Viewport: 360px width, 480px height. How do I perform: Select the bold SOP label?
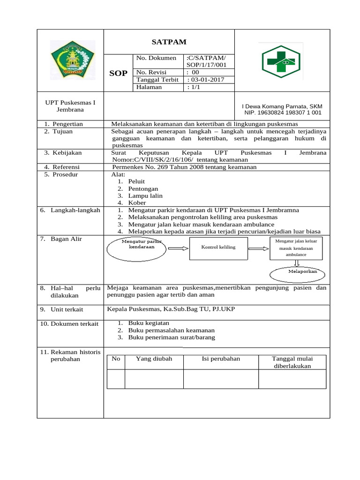(118, 74)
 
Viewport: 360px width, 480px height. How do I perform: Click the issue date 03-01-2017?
(205, 80)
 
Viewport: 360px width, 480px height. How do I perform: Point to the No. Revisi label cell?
(151, 73)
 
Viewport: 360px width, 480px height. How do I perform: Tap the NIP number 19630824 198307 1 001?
(283, 113)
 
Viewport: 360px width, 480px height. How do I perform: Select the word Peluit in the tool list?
(136, 181)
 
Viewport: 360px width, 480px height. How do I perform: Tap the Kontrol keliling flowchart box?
(218, 247)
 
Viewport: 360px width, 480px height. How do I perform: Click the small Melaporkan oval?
(295, 273)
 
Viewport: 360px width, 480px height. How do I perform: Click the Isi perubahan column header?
(220, 359)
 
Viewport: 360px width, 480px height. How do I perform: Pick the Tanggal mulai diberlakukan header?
(292, 362)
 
